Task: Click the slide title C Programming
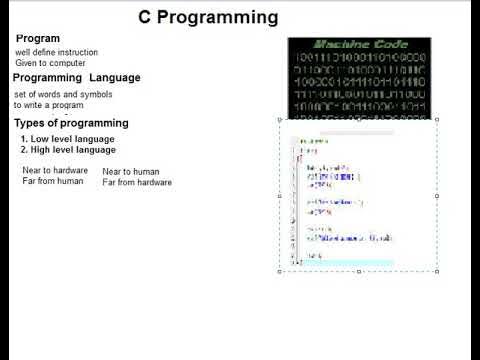click(x=207, y=18)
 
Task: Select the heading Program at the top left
click(x=38, y=39)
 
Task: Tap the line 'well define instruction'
click(x=56, y=51)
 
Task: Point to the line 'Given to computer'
click(x=47, y=62)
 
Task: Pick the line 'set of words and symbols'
click(x=62, y=94)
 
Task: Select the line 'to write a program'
click(x=49, y=104)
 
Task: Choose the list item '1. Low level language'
click(x=67, y=138)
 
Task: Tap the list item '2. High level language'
click(x=68, y=149)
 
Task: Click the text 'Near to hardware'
click(x=54, y=171)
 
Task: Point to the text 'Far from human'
click(x=52, y=181)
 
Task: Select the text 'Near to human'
click(x=130, y=172)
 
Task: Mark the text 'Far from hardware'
click(x=137, y=182)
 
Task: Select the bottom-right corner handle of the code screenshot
click(x=437, y=271)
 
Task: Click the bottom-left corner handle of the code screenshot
click(x=279, y=271)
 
